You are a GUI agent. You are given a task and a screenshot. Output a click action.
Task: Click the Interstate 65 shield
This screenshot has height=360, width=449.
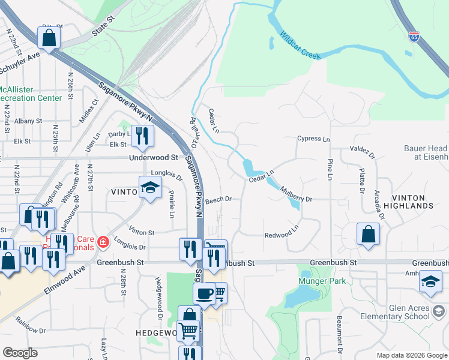coord(414,37)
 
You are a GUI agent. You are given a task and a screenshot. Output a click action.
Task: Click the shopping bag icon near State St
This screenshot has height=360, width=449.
coord(49,37)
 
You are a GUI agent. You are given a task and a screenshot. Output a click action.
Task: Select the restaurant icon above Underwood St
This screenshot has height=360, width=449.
coord(142,136)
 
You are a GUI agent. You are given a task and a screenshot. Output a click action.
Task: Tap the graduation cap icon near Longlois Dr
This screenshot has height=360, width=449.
coord(150,187)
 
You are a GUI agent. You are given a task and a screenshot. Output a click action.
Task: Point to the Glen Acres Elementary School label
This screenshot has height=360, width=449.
coord(400,312)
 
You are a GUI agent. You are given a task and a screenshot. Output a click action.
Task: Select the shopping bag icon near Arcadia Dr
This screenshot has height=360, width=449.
coord(368,234)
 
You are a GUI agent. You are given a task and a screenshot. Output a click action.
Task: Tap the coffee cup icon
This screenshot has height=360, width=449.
coord(204,293)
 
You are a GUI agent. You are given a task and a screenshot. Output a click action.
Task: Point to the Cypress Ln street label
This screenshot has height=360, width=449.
coord(313,139)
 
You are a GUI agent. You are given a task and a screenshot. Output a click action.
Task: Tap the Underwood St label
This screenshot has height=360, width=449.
coord(154,158)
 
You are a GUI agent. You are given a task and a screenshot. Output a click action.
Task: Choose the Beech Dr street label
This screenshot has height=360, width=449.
coord(220,199)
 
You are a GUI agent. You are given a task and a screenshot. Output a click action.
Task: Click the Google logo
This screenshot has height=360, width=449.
coord(20,353)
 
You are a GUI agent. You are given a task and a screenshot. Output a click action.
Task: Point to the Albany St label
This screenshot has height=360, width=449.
coord(28,121)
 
